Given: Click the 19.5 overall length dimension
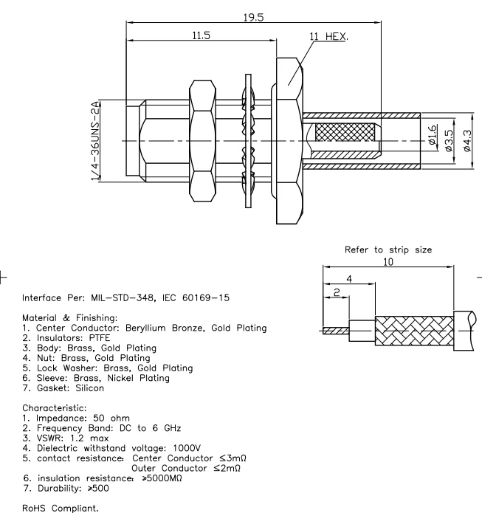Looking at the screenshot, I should pyautogui.click(x=253, y=17).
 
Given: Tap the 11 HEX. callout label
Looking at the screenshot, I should pyautogui.click(x=331, y=35).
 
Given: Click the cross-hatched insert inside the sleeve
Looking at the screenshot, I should pyautogui.click(x=345, y=140).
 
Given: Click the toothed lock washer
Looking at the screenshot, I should pyautogui.click(x=247, y=140).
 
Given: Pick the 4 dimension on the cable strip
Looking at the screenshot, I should pyautogui.click(x=348, y=278).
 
